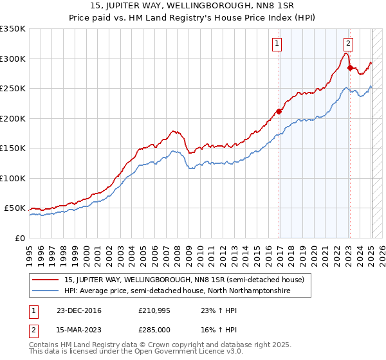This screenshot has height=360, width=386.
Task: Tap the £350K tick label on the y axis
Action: click(x=12, y=29)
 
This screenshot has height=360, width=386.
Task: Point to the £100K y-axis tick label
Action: click(x=12, y=178)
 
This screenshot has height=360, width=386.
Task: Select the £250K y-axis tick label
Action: click(x=12, y=89)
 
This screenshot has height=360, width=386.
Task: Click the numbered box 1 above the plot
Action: click(x=277, y=44)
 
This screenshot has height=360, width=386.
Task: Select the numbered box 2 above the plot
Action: click(x=348, y=44)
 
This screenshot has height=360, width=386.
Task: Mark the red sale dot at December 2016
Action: click(x=279, y=111)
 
